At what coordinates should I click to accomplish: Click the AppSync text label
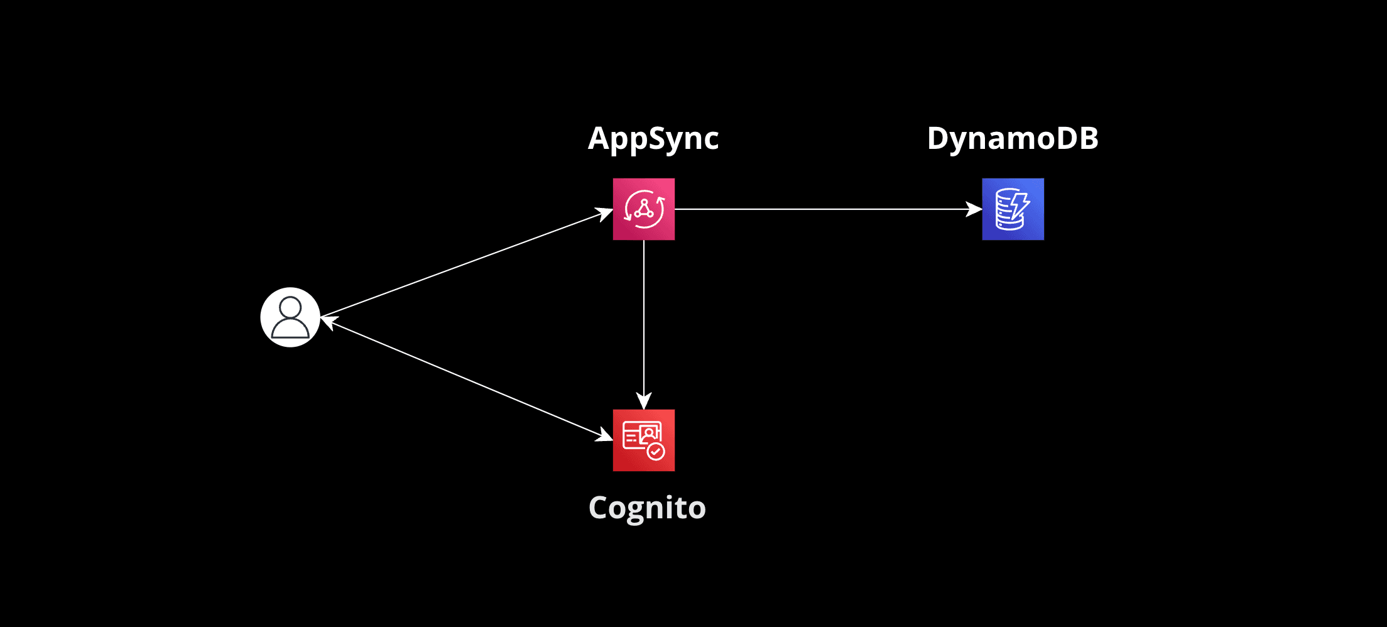(x=653, y=139)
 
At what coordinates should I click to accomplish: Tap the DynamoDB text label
(x=1013, y=138)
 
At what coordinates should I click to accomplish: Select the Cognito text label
(x=647, y=508)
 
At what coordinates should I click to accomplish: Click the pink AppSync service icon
(x=644, y=209)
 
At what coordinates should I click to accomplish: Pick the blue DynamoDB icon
(x=1013, y=209)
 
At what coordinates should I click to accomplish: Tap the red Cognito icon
(x=644, y=440)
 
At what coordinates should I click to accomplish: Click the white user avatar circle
(x=290, y=317)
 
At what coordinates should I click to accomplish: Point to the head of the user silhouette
(x=290, y=307)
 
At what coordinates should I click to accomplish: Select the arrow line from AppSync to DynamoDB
(x=817, y=209)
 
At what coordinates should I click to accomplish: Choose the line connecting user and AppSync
(x=465, y=264)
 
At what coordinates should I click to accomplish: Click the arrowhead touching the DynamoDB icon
(x=974, y=209)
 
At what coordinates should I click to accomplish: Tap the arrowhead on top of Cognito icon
(x=644, y=401)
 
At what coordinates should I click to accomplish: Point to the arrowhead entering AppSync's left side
(x=604, y=214)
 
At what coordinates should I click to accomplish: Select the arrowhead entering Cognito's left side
(x=604, y=435)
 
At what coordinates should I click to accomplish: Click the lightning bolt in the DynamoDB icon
(x=1020, y=205)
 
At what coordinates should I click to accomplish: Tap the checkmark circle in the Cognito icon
(x=656, y=452)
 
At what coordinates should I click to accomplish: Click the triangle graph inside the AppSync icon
(x=644, y=209)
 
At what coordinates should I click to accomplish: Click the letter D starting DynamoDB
(x=938, y=138)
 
